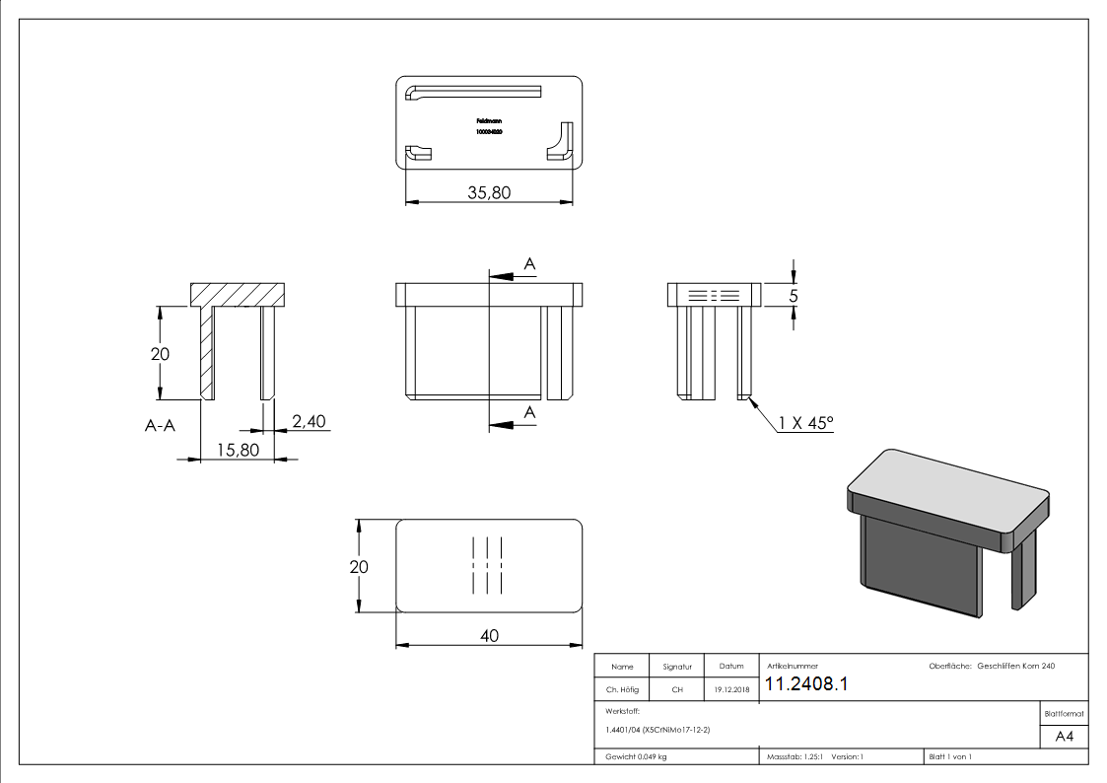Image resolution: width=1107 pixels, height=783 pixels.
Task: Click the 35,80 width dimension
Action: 489,192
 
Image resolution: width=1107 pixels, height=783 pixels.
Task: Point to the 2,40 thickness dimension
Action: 309,421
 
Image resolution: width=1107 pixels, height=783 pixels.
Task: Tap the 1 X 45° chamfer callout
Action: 805,423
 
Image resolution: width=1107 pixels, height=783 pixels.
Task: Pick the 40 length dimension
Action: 489,636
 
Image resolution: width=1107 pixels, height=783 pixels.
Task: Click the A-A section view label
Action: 162,426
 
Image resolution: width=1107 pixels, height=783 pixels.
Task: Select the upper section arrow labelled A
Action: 513,273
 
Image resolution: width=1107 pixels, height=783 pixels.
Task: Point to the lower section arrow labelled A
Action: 513,423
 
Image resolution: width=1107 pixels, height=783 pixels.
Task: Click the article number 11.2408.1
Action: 806,684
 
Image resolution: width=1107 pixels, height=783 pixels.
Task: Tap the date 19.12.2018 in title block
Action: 731,690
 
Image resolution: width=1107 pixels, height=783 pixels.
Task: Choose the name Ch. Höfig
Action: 622,690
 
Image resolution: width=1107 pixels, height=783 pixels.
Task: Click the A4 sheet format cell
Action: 1065,737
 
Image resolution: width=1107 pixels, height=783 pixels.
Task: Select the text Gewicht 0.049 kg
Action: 637,756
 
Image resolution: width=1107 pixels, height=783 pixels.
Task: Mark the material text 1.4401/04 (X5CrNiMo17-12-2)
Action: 657,729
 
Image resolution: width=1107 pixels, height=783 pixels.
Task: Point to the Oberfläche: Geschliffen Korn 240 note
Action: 992,667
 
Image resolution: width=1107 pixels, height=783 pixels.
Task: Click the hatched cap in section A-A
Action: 238,293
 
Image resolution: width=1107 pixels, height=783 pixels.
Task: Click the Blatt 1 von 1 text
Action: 950,756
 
